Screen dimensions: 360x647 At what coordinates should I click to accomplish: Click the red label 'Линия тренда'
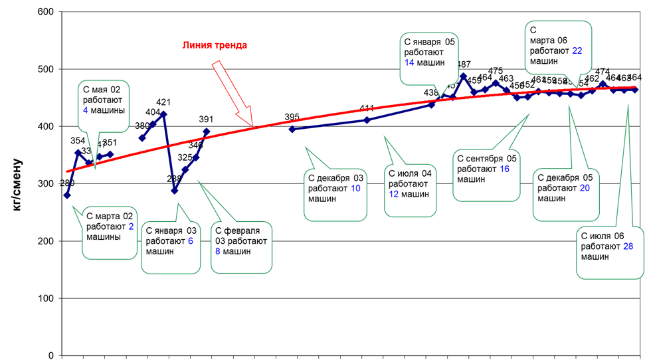pos(215,46)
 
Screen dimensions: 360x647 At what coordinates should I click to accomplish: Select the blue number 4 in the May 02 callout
pos(85,110)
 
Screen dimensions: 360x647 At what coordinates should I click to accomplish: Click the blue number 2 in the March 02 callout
pos(131,226)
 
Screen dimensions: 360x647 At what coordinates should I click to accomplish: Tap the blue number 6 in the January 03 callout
pos(190,241)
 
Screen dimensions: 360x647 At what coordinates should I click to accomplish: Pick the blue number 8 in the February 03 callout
pos(217,252)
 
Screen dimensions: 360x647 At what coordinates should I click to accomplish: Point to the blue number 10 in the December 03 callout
pos(355,189)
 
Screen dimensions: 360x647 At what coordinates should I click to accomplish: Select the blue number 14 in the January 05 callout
pos(409,62)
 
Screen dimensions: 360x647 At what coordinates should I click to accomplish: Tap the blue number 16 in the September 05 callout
pos(504,169)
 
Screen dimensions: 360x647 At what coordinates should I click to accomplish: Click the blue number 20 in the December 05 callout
pos(585,188)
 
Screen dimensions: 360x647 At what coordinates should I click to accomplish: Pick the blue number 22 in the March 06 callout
pos(577,51)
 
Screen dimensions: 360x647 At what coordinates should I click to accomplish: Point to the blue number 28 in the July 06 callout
pos(628,246)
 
